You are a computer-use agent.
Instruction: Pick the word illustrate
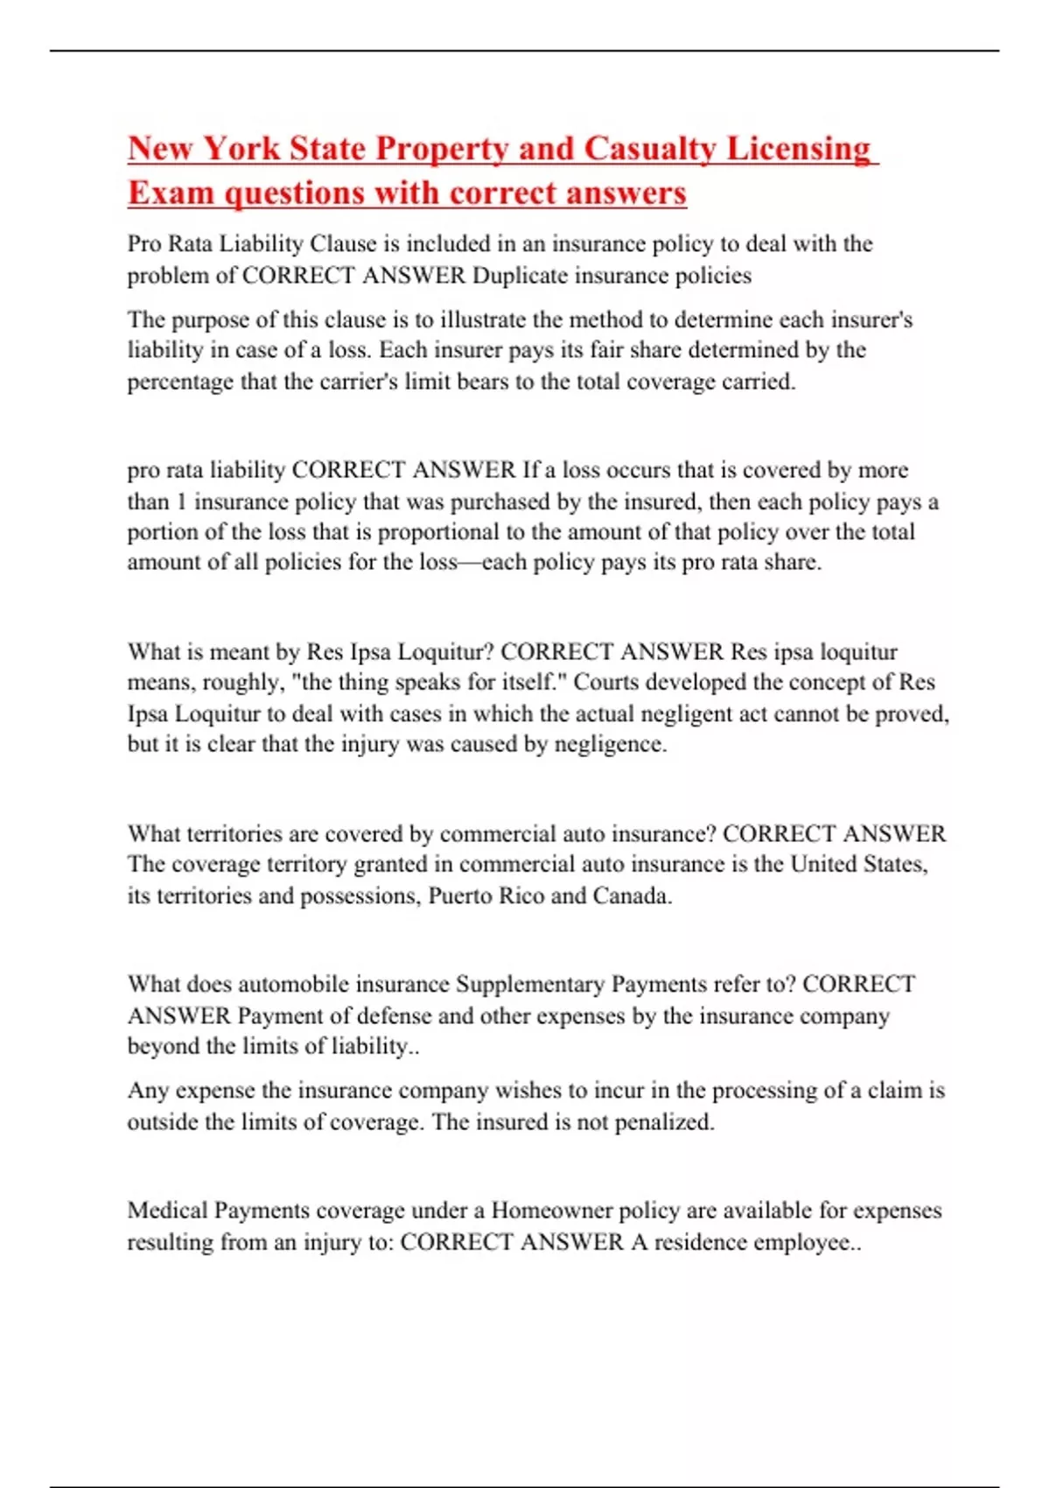coord(484,319)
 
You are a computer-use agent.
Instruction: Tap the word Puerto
coord(461,896)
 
